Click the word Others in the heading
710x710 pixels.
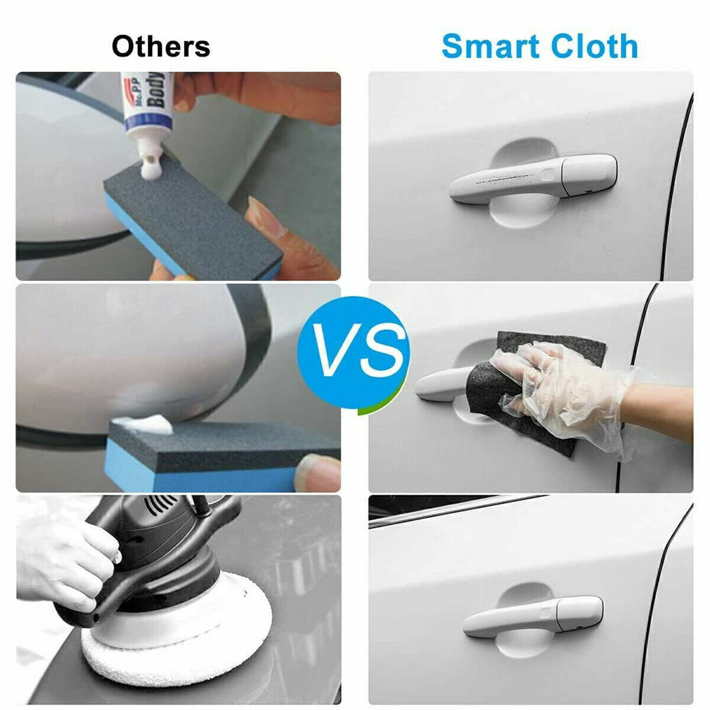[x=160, y=47]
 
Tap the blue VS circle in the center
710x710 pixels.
[x=353, y=354]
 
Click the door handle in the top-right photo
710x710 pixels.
[x=532, y=177]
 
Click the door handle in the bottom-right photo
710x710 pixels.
[x=532, y=615]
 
